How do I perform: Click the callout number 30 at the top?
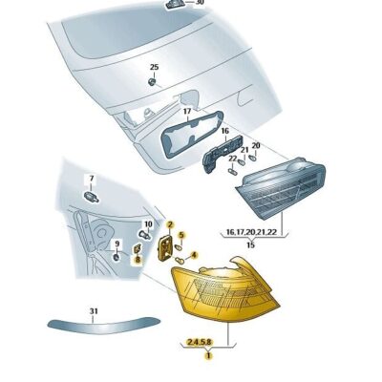tap(200, 3)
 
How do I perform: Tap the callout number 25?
tap(153, 66)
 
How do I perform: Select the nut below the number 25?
tap(153, 82)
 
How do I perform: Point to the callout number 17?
tap(188, 113)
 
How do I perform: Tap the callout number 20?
tap(255, 145)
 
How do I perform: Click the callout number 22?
tap(232, 158)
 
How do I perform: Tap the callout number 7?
tap(92, 180)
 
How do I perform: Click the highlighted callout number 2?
tap(169, 226)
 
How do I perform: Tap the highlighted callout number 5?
tap(181, 236)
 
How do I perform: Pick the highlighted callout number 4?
tap(194, 255)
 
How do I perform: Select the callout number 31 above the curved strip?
tap(94, 310)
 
